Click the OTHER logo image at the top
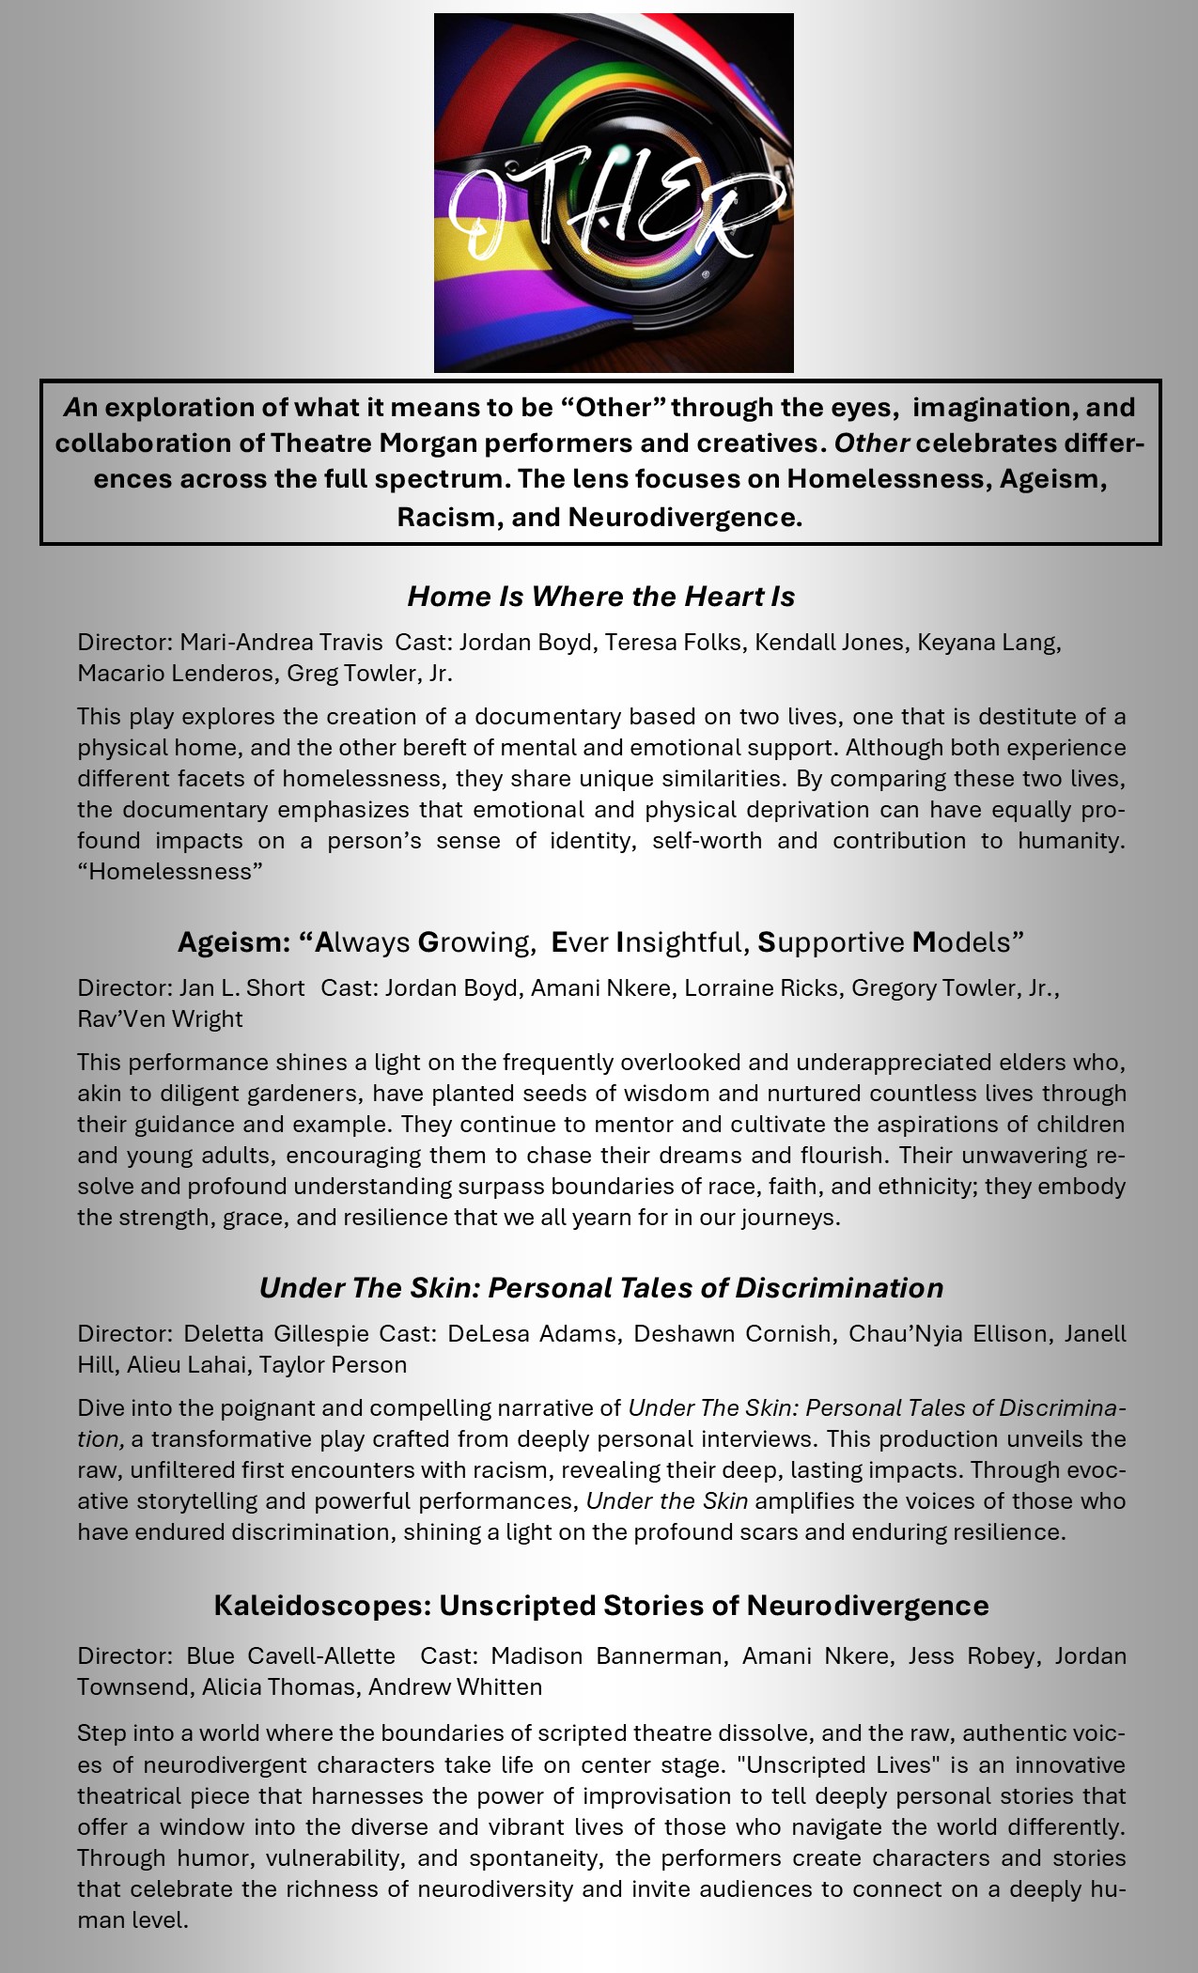click(614, 193)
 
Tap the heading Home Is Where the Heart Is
click(601, 597)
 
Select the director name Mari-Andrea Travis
click(281, 643)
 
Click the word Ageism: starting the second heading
click(234, 941)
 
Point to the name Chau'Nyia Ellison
click(948, 1334)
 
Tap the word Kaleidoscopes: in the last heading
click(321, 1606)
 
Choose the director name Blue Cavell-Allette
click(290, 1656)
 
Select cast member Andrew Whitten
click(455, 1687)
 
